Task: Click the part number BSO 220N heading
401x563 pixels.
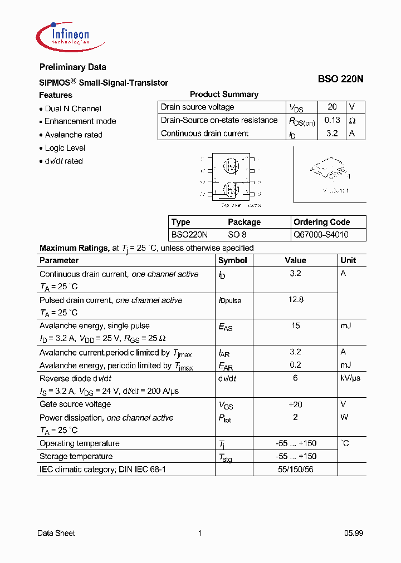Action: click(x=340, y=79)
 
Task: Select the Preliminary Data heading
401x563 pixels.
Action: click(x=72, y=67)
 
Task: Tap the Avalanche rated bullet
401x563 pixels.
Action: click(x=73, y=135)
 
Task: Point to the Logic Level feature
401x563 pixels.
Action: click(x=65, y=148)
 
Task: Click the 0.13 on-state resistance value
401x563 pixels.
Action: click(x=332, y=120)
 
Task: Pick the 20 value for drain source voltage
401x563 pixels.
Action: click(x=332, y=107)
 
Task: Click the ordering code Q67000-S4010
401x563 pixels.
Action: click(x=321, y=235)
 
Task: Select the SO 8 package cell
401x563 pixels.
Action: click(x=237, y=235)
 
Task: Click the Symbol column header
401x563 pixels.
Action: click(x=233, y=260)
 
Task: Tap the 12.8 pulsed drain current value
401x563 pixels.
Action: click(x=295, y=300)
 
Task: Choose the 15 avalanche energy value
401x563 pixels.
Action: click(x=295, y=326)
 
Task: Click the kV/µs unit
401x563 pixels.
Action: click(x=350, y=378)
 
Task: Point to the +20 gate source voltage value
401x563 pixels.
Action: click(x=295, y=404)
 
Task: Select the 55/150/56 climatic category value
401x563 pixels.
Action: click(x=295, y=470)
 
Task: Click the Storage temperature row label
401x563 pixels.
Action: click(x=76, y=456)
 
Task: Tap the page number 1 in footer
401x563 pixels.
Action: click(x=200, y=533)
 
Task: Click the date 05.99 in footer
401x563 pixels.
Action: click(x=353, y=533)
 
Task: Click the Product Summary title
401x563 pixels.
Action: click(x=224, y=95)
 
